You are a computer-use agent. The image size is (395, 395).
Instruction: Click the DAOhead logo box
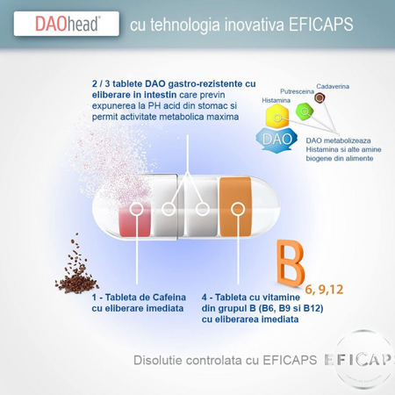(x=67, y=24)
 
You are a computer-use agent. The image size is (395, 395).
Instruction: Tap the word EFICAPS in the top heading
(x=321, y=25)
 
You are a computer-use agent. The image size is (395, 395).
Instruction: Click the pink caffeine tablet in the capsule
(x=135, y=219)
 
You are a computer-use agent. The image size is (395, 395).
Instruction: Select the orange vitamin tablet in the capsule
(x=235, y=206)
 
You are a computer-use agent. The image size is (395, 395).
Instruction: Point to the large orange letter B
(x=291, y=263)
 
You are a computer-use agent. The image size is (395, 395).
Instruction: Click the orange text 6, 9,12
(x=324, y=290)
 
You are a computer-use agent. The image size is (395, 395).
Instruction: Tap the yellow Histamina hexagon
(x=277, y=116)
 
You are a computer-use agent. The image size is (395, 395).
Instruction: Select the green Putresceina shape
(x=305, y=111)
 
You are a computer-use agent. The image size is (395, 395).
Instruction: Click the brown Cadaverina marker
(x=320, y=97)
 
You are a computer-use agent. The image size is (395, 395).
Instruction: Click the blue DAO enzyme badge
(x=276, y=140)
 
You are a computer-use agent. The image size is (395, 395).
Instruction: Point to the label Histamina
(x=276, y=100)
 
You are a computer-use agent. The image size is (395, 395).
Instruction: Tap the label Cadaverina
(x=333, y=86)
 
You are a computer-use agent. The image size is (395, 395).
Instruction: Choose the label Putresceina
(x=297, y=91)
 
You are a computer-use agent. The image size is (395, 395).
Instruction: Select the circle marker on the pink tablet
(x=136, y=209)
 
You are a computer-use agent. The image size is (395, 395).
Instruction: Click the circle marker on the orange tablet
(x=238, y=209)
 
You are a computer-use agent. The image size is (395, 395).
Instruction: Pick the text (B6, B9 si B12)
(x=291, y=308)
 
